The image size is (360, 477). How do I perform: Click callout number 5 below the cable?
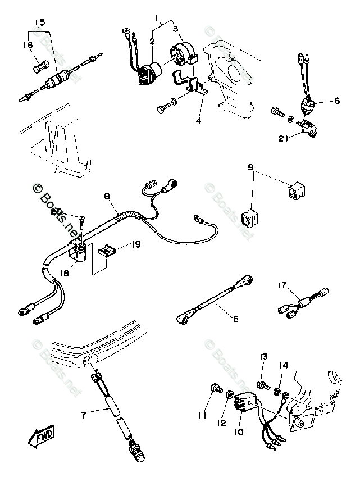[x=235, y=319]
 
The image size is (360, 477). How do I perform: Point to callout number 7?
[x=84, y=415]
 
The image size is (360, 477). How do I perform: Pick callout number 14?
[x=283, y=365]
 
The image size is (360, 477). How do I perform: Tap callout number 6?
[x=337, y=102]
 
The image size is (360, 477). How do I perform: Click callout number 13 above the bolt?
[x=262, y=357]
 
